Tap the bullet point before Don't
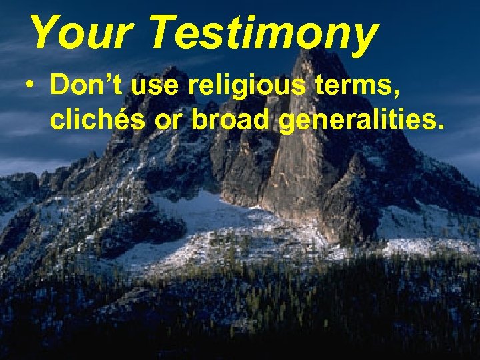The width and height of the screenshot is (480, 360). (29, 87)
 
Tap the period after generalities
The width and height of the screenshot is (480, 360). (440, 127)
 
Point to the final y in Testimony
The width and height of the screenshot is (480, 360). (363, 37)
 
